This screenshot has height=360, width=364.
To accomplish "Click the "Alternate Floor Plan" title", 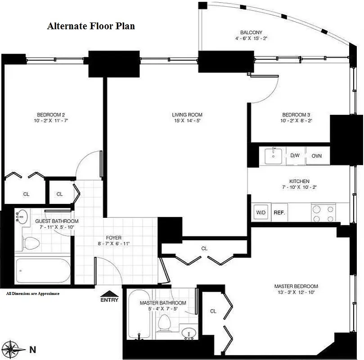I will pyautogui.click(x=91, y=26).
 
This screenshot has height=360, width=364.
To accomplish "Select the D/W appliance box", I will pyautogui.click(x=295, y=156).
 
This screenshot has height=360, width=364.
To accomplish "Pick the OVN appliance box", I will pyautogui.click(x=317, y=156).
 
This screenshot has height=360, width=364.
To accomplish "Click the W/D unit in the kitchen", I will pyautogui.click(x=261, y=212).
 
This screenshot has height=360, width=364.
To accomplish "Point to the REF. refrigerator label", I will pyautogui.click(x=279, y=212).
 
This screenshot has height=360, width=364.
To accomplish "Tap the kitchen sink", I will pyautogui.click(x=273, y=156).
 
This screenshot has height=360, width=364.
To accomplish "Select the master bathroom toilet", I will pyautogui.click(x=165, y=323).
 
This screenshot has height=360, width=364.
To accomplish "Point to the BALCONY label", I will pyautogui.click(x=251, y=32).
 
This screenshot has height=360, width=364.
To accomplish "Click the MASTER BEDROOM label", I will pyautogui.click(x=296, y=286).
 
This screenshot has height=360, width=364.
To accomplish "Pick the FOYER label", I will pyautogui.click(x=113, y=238).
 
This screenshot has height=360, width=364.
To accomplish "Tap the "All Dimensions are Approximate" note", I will pyautogui.click(x=32, y=293).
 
